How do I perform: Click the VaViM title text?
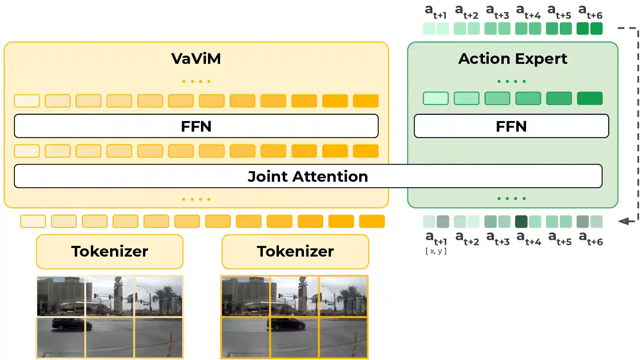coord(196,59)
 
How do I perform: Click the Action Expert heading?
coord(512,59)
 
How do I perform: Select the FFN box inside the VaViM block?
coord(196,126)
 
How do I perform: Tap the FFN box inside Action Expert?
coord(511,126)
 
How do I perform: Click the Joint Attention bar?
coord(308,176)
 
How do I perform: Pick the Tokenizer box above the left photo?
coord(110,251)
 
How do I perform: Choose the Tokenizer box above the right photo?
coord(295,251)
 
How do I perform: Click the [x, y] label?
coord(436,251)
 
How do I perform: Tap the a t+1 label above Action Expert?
coord(436,11)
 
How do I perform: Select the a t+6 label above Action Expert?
coord(590,11)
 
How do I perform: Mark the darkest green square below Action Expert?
coord(521,222)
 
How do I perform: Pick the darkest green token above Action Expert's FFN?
coord(590,98)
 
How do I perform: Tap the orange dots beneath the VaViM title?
coord(196,81)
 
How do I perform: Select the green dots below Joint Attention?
coord(512,199)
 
